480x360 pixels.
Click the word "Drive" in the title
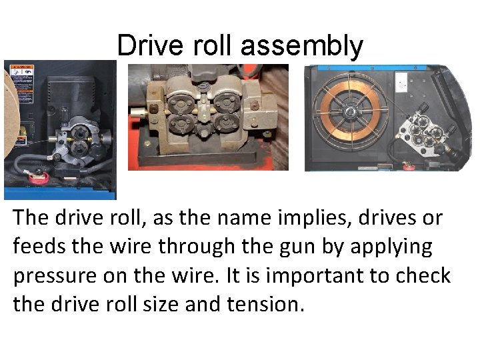click(143, 46)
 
